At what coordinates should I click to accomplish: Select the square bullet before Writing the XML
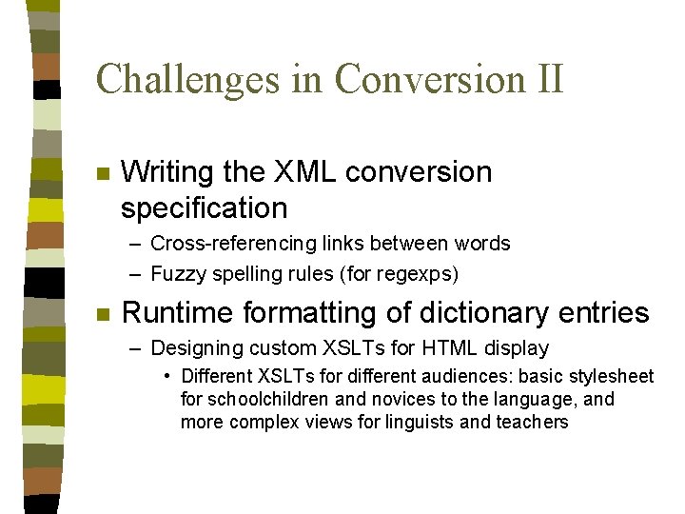click(x=103, y=174)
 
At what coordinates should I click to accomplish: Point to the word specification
click(x=204, y=208)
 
